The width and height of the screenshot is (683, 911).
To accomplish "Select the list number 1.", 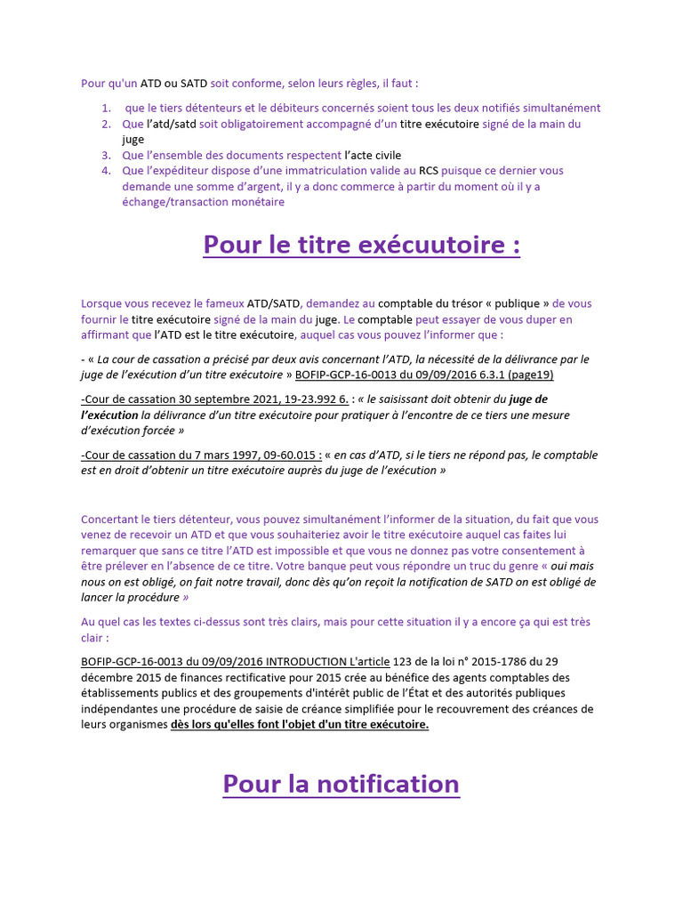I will pos(106,109).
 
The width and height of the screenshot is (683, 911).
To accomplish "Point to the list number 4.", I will pos(106,171).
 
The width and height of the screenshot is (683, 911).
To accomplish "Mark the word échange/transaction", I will pos(178,202).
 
